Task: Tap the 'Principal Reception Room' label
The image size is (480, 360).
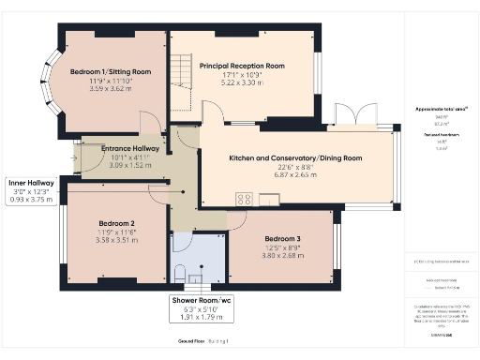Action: (242, 66)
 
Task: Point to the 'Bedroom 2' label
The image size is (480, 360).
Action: (117, 223)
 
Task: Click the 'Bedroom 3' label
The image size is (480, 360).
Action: (281, 239)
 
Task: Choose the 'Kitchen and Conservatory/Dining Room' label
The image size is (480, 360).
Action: (295, 158)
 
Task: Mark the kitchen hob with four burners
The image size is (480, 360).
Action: (246, 198)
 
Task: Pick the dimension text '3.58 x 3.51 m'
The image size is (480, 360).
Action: (117, 240)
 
